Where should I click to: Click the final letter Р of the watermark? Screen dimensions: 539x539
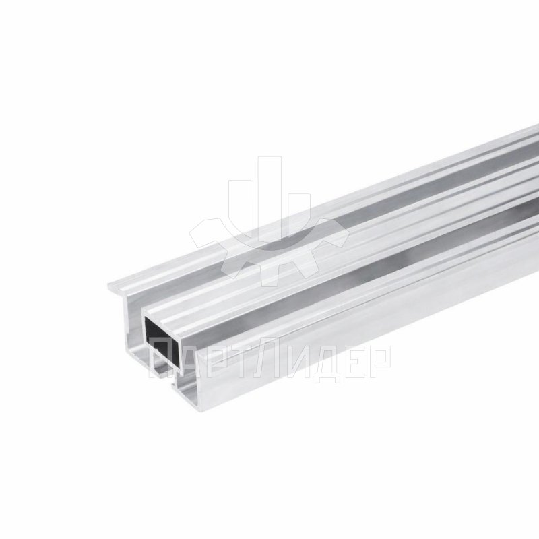(379, 360)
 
